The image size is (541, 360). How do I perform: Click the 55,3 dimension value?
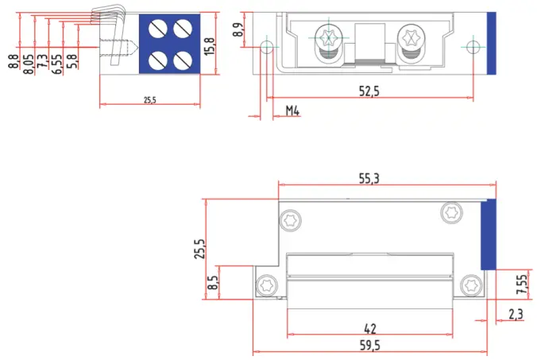369,180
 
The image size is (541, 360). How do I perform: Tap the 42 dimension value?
369,327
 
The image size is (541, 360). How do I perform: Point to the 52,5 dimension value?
369,91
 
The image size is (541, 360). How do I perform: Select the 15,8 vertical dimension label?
209,47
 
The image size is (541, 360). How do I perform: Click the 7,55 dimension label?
522,285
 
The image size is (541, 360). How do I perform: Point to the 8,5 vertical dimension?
212,283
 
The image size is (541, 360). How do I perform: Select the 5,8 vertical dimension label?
72,60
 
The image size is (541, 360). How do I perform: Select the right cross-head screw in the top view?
413,37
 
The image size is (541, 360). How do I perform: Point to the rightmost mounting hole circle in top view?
474,47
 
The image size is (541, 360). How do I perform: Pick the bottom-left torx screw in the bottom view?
265,284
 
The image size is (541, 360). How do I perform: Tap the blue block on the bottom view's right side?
489,235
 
